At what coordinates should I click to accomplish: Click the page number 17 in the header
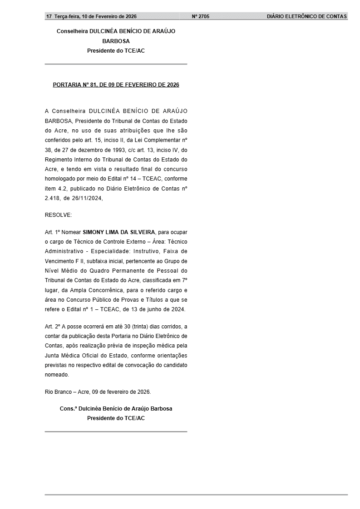pyautogui.click(x=49, y=16)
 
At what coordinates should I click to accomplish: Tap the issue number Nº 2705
pyautogui.click(x=201, y=16)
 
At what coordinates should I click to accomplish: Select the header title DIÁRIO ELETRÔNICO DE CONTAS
pyautogui.click(x=306, y=16)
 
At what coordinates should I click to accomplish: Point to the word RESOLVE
pyautogui.click(x=58, y=215)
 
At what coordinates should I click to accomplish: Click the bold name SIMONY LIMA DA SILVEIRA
pyautogui.click(x=119, y=232)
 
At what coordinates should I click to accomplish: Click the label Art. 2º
pyautogui.click(x=53, y=326)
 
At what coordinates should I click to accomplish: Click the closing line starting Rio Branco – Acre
pyautogui.click(x=98, y=391)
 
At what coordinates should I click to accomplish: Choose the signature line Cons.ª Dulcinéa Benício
pyautogui.click(x=116, y=408)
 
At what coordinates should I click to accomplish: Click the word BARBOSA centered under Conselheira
pyautogui.click(x=116, y=41)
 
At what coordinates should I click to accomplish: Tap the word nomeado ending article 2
pyautogui.click(x=57, y=375)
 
